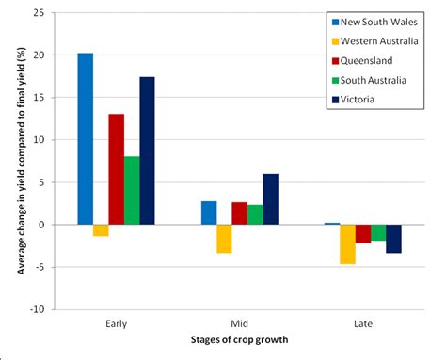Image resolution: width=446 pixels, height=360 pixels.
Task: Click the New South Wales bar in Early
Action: (x=85, y=139)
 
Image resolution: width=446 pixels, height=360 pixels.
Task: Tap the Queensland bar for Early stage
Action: (x=116, y=169)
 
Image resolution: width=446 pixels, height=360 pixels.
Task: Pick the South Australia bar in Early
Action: (x=132, y=190)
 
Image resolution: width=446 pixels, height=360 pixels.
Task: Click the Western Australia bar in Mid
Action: (x=224, y=239)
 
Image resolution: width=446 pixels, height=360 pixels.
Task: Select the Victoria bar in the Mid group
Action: (x=270, y=199)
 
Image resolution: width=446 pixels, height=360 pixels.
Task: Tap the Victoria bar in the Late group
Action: (x=393, y=239)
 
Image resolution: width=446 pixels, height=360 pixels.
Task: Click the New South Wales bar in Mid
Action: (x=209, y=212)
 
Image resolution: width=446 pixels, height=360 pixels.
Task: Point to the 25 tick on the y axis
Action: (x=41, y=13)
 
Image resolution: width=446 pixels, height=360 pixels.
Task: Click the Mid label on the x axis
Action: (x=239, y=322)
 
